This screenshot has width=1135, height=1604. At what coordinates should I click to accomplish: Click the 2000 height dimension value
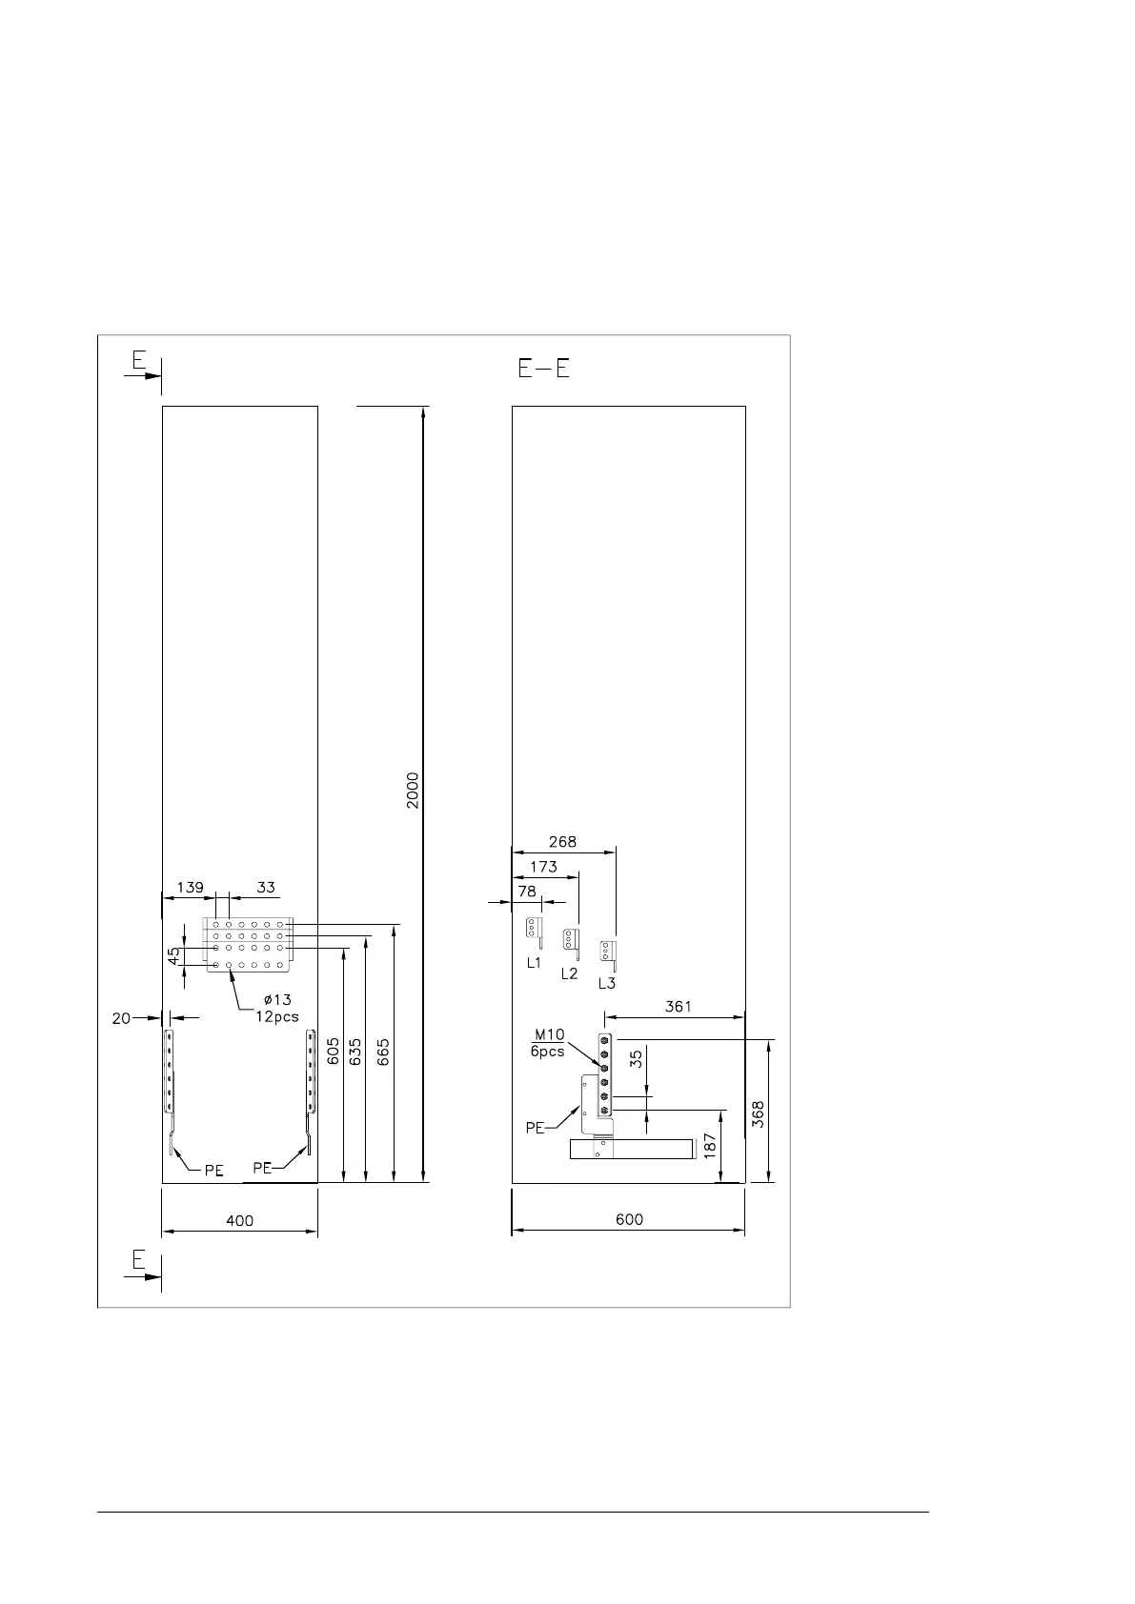[413, 790]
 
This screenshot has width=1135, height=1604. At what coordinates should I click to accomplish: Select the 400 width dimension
[240, 1220]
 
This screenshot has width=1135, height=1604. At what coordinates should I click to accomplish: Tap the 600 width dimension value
[629, 1219]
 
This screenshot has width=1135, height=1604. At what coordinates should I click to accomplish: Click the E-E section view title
[543, 369]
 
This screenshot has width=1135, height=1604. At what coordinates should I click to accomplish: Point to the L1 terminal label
[534, 963]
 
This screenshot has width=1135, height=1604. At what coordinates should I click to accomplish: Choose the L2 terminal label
[569, 973]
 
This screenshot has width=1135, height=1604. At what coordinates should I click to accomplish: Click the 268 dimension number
[562, 842]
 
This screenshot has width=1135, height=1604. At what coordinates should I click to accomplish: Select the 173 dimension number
[543, 867]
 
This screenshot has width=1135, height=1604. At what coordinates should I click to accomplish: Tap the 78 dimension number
[527, 892]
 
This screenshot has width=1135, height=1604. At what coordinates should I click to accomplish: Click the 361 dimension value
[678, 1006]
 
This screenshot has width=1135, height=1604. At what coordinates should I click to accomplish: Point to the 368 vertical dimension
[759, 1114]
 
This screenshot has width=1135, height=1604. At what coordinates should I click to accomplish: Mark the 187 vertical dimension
[709, 1145]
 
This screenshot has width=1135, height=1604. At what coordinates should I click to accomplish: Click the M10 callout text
[549, 1035]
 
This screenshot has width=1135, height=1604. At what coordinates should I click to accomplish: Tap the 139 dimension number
[191, 887]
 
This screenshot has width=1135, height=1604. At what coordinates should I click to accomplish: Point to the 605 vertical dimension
[333, 1052]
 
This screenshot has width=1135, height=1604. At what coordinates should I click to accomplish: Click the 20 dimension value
[121, 1018]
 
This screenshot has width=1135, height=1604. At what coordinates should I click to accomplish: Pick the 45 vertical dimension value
[174, 955]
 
